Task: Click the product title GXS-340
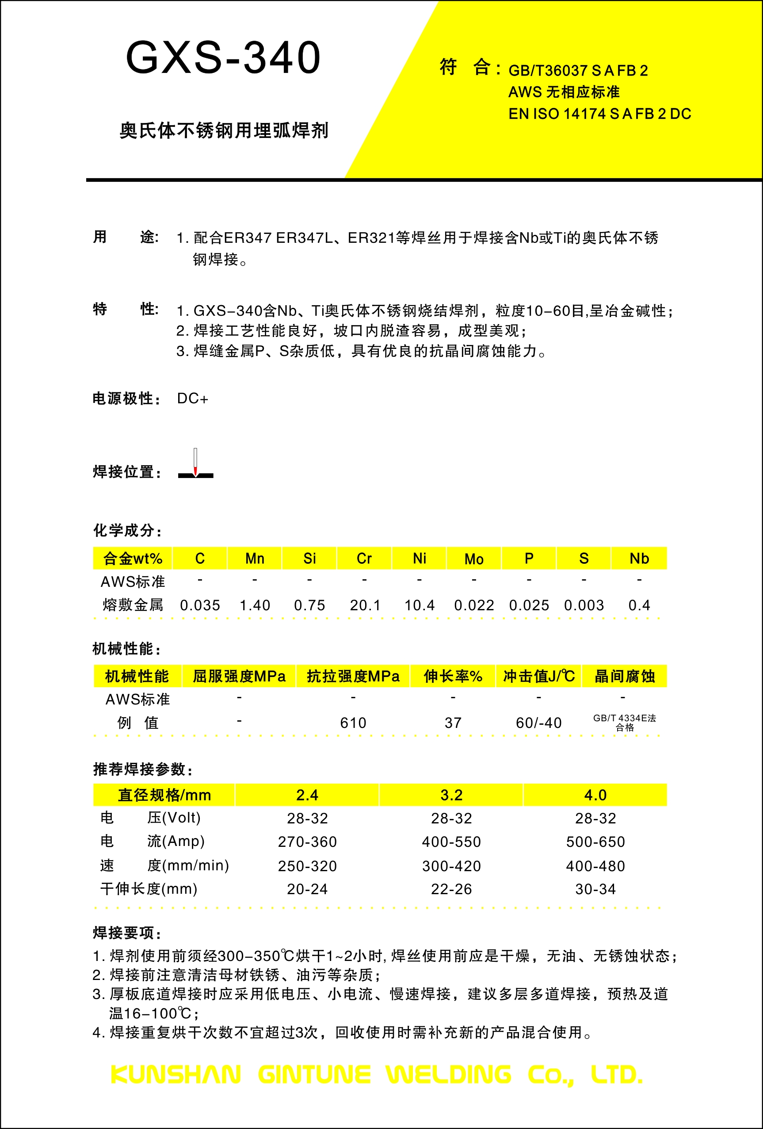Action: [x=223, y=58]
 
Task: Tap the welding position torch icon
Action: [x=195, y=464]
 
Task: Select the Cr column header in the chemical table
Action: [x=364, y=558]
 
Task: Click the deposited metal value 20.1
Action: [x=365, y=605]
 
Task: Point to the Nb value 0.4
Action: [x=639, y=605]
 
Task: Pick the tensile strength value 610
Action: [x=353, y=723]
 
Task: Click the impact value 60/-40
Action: [x=538, y=723]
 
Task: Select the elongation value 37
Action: [x=453, y=723]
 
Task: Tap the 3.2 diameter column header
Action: [x=451, y=795]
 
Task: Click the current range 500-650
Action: [x=595, y=842]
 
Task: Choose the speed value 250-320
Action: [x=307, y=866]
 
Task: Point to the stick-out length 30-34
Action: [x=595, y=889]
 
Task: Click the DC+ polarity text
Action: [x=192, y=398]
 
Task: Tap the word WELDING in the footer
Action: [x=448, y=1075]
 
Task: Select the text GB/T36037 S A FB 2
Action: [x=578, y=71]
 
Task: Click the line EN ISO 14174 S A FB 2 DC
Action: [x=599, y=114]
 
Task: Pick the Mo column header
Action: [x=473, y=559]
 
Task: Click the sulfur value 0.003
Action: [x=584, y=605]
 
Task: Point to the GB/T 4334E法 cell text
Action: [x=624, y=718]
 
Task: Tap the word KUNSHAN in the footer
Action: [x=176, y=1075]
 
